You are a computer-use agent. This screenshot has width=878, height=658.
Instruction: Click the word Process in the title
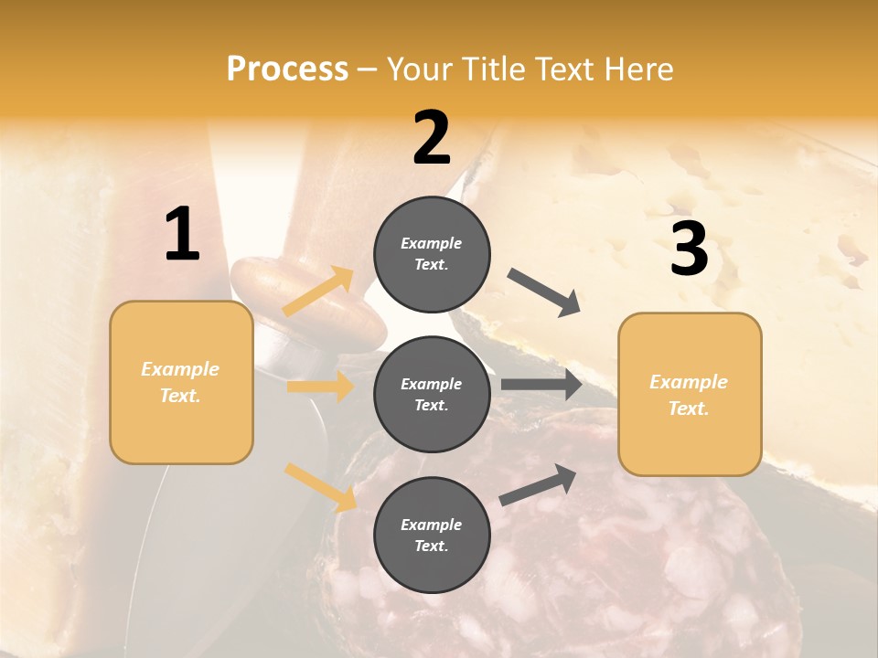coord(287,69)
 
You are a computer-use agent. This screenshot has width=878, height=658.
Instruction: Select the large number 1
coord(182,235)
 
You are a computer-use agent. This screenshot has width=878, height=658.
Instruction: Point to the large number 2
coord(432,138)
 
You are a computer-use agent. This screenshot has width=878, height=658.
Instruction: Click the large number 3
coord(689,249)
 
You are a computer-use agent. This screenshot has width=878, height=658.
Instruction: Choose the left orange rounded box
coord(181,382)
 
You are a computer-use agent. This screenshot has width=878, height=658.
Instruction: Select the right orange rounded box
coord(690,394)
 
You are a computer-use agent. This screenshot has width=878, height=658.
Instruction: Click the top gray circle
coord(432,254)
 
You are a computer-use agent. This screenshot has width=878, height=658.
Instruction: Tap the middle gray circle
coord(432,394)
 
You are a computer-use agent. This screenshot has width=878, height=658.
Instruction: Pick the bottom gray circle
coord(432,535)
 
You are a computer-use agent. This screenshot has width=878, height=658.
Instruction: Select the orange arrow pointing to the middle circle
coord(320,387)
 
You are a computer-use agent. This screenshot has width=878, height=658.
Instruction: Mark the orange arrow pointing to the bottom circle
coord(320,487)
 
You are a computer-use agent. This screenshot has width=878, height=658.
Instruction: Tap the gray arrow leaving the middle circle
coord(541,385)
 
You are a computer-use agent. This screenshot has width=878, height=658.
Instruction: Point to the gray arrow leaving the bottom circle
coord(538,484)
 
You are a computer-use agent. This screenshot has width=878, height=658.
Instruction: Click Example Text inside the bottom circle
coord(431,535)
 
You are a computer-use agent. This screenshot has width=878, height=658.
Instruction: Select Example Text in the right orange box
coord(689,395)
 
